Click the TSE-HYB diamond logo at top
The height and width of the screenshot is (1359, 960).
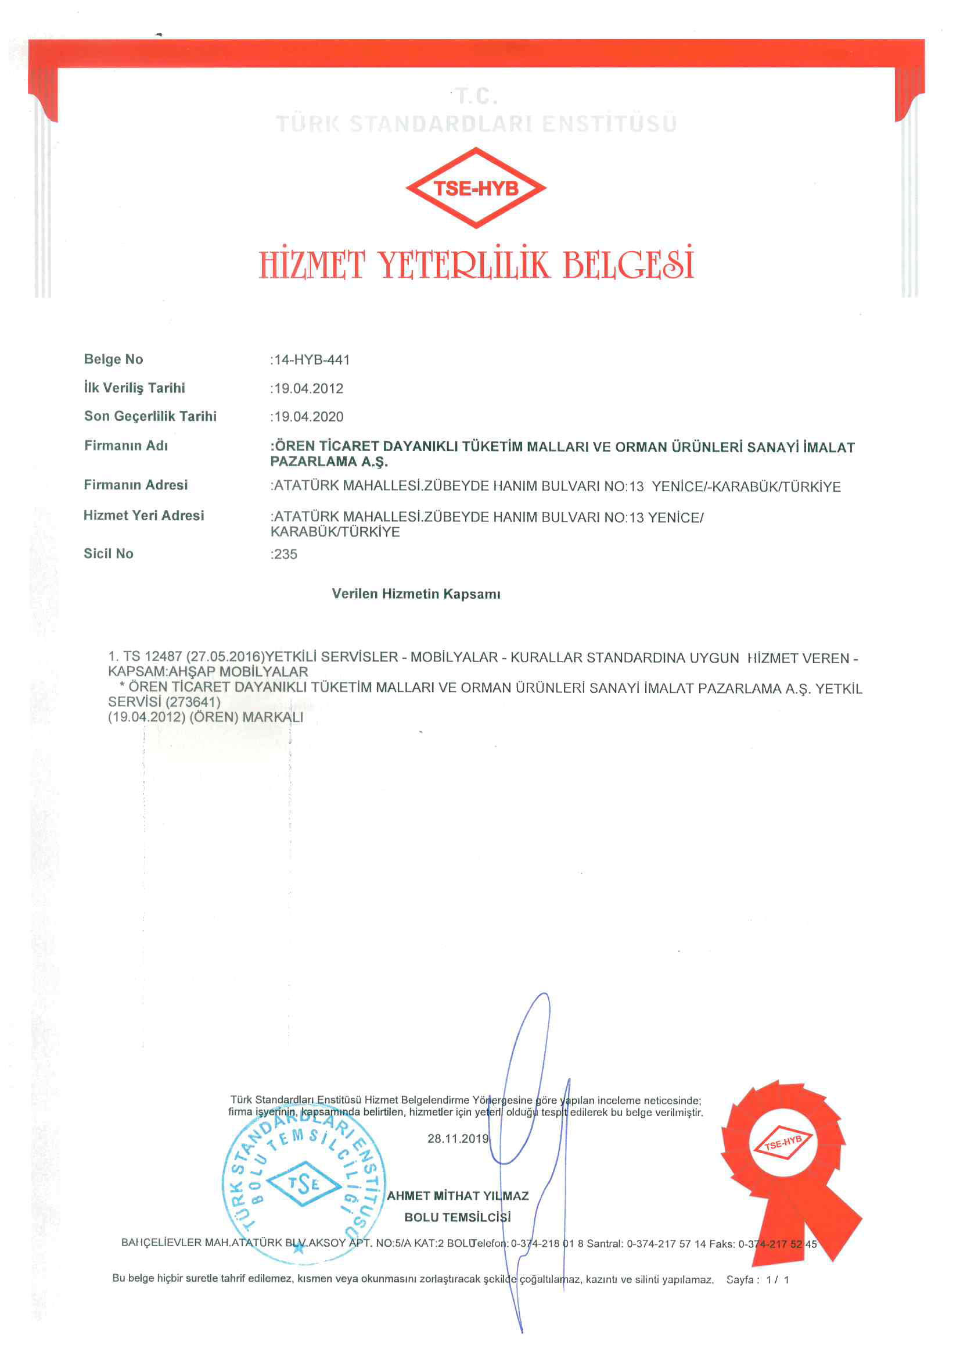(476, 188)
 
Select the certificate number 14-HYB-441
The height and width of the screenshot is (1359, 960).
(312, 360)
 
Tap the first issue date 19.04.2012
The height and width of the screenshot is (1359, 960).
(308, 388)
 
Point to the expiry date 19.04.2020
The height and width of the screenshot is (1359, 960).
(308, 417)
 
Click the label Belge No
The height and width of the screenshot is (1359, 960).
(114, 359)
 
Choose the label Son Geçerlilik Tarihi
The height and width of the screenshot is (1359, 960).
(150, 416)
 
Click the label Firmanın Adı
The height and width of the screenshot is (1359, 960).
(126, 445)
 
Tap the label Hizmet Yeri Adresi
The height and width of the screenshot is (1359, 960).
(143, 516)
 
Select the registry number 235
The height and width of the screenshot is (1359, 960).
(286, 554)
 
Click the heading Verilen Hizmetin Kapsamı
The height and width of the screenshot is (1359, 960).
(416, 593)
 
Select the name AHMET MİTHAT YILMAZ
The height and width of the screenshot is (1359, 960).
(458, 1196)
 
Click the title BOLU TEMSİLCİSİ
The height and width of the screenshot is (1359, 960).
(457, 1217)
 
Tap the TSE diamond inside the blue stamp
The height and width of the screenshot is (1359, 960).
(303, 1184)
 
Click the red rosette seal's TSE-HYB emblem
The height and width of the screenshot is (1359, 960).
(783, 1143)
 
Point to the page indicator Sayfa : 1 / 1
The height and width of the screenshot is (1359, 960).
(757, 1280)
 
